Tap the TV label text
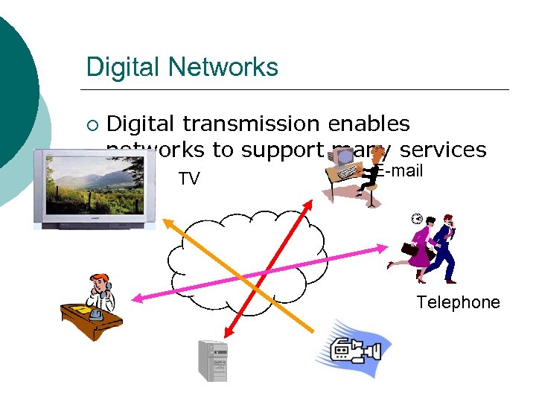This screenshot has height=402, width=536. coord(189,179)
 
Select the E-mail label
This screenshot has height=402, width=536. coord(399,172)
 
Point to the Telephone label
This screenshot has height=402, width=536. coord(458,302)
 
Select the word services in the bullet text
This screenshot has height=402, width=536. coord(443,150)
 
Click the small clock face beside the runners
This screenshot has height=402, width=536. coord(416,219)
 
